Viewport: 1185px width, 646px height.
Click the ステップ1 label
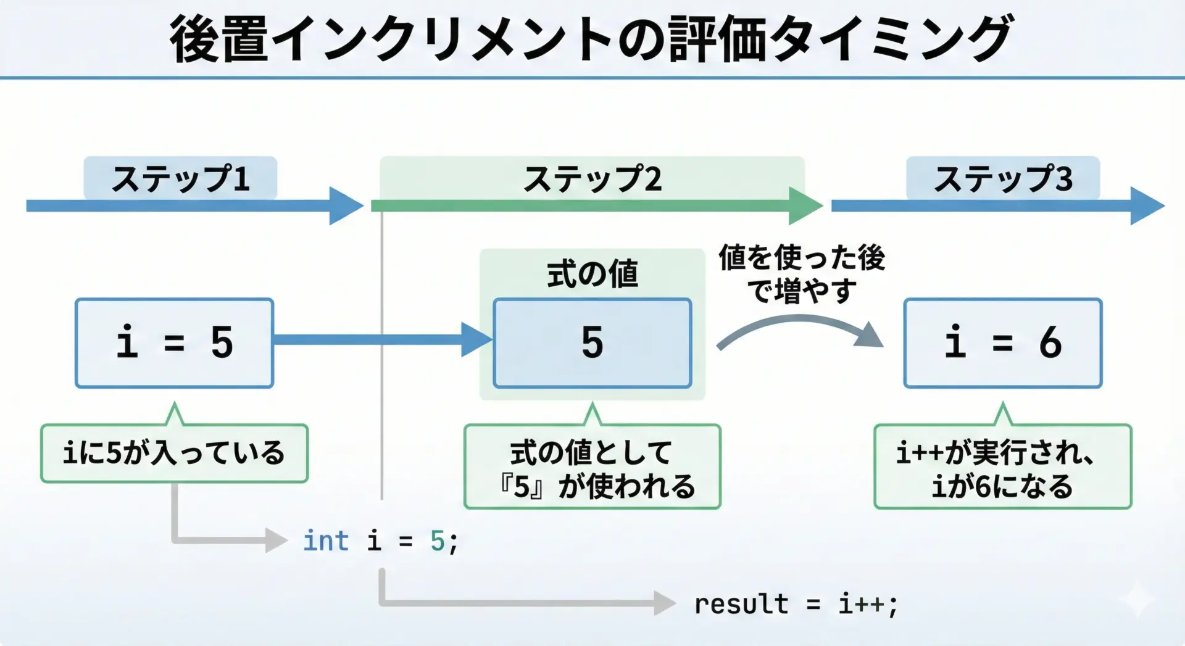[180, 178]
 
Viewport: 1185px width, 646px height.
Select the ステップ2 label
[592, 179]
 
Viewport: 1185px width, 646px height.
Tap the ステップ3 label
[1003, 178]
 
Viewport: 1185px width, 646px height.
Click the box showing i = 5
[174, 343]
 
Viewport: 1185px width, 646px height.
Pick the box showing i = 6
[1003, 343]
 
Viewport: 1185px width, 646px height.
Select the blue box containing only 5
[592, 343]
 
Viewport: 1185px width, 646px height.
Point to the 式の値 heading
[592, 273]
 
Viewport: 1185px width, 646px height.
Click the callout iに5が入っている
[174, 453]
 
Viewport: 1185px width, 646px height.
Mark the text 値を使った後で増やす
[802, 273]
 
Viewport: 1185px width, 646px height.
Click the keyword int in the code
[325, 541]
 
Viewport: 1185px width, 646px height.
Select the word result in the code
[741, 603]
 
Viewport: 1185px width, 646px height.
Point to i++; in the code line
[868, 603]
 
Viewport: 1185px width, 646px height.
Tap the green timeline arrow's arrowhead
[804, 205]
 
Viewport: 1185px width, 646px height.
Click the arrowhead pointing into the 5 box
[476, 339]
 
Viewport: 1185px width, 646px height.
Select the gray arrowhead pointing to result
[664, 603]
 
